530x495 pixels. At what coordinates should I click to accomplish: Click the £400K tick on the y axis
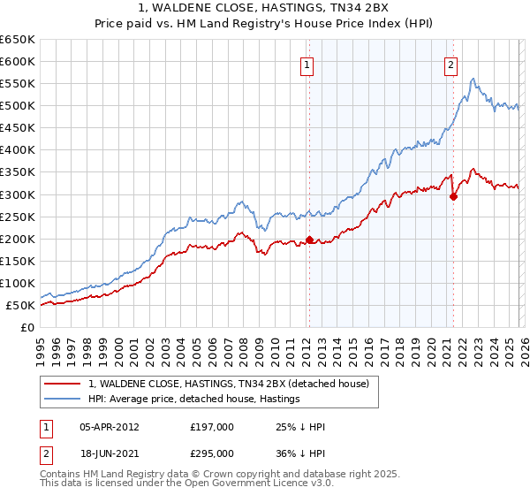point(17,150)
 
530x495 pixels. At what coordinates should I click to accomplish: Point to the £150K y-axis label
point(17,261)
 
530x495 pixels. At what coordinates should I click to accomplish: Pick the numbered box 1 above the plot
point(306,64)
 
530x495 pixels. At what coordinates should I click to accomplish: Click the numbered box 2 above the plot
point(450,64)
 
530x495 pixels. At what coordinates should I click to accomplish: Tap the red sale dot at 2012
point(310,240)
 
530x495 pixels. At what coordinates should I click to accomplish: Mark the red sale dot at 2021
point(453,196)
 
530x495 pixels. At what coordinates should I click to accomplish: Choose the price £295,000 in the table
point(211,453)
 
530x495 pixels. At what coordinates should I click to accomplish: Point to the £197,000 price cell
point(211,427)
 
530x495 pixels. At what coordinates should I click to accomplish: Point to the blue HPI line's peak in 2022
point(473,80)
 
